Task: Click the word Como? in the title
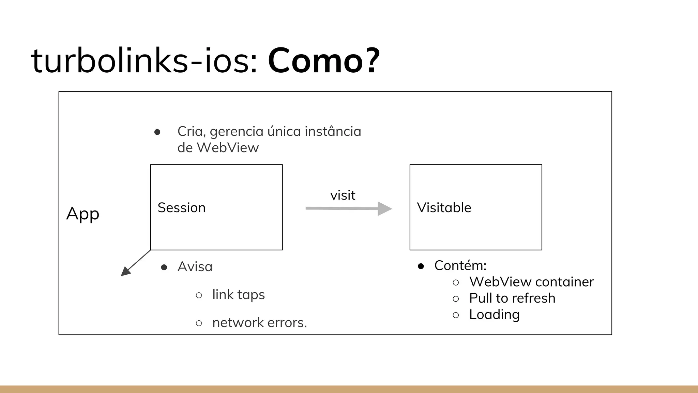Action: point(323,61)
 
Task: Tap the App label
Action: point(83,214)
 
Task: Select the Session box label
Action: point(182,208)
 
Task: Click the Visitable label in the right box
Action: point(444,208)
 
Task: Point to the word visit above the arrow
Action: point(343,195)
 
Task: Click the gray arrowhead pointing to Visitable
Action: point(384,208)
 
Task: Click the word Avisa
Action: point(195,267)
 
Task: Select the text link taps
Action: point(238,295)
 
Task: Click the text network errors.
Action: point(259,323)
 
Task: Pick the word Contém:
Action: point(460,266)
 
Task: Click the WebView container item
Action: point(531,282)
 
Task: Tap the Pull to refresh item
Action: point(512,299)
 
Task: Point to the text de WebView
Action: point(218,148)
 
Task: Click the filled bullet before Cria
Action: point(157,132)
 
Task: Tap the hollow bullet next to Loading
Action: point(456,315)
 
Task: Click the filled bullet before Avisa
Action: point(164,267)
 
